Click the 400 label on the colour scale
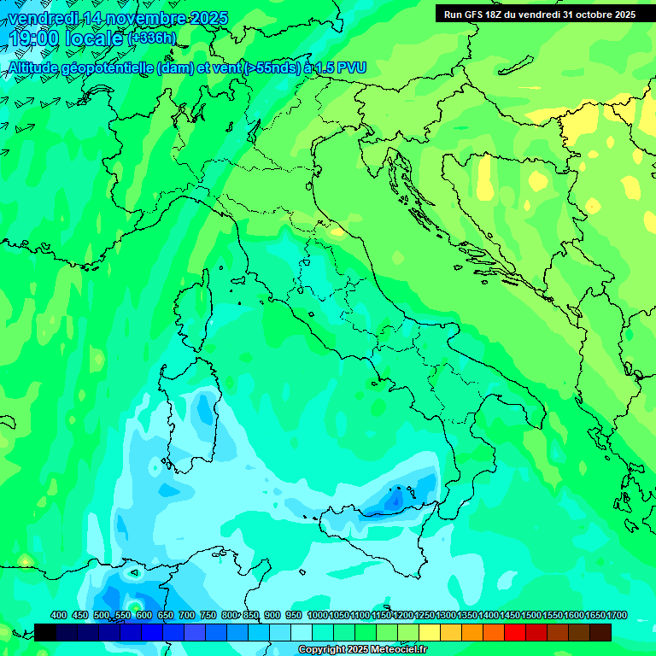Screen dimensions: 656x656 (59, 615)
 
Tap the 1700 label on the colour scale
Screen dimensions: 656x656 (616, 615)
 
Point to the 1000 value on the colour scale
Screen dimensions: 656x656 (318, 615)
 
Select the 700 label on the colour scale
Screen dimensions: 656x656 (187, 615)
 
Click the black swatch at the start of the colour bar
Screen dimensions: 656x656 (45, 632)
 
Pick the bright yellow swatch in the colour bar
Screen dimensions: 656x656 (430, 632)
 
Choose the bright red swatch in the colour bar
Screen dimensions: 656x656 (515, 632)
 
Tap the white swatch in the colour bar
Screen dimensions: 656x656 (302, 632)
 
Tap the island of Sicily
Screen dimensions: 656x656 (384, 547)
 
